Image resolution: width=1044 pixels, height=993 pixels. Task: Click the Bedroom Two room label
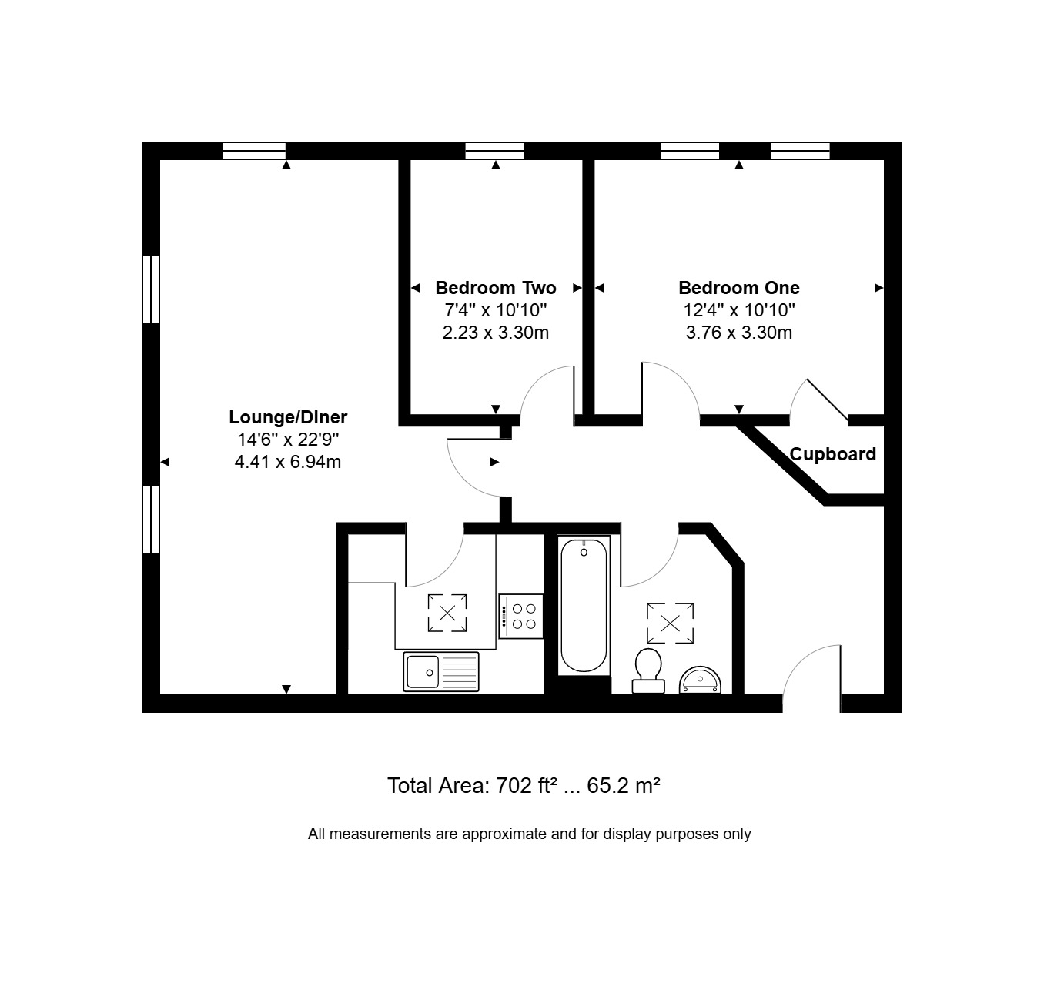pyautogui.click(x=496, y=288)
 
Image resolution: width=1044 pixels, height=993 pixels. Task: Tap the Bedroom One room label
pyautogui.click(x=738, y=288)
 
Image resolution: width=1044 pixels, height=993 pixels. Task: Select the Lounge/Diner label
pyautogui.click(x=288, y=417)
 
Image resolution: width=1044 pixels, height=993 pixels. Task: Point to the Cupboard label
pyautogui.click(x=832, y=454)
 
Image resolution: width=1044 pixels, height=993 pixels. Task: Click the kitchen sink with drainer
pyautogui.click(x=440, y=672)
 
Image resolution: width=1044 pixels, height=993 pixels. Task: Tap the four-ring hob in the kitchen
pyautogui.click(x=521, y=616)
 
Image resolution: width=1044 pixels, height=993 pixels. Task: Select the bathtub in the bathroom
pyautogui.click(x=584, y=605)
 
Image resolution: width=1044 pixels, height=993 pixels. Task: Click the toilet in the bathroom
pyautogui.click(x=647, y=670)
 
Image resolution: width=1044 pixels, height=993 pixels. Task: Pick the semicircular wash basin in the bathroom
pyautogui.click(x=700, y=680)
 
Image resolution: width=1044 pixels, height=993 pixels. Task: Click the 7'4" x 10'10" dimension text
pyautogui.click(x=496, y=309)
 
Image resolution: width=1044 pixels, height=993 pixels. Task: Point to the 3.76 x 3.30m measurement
pyautogui.click(x=738, y=333)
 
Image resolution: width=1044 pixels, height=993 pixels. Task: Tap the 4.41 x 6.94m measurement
pyautogui.click(x=288, y=462)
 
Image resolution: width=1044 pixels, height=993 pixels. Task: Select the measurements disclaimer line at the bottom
pyautogui.click(x=530, y=834)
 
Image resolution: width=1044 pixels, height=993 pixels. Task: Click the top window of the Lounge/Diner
pyautogui.click(x=254, y=151)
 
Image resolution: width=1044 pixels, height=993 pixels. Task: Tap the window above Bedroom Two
pyautogui.click(x=495, y=151)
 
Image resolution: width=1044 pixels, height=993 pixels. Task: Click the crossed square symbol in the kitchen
pyautogui.click(x=447, y=613)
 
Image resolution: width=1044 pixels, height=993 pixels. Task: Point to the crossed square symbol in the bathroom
pyautogui.click(x=670, y=624)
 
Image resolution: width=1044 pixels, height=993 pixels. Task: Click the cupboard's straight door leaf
pyautogui.click(x=828, y=400)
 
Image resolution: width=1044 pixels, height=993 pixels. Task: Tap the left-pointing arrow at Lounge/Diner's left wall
pyautogui.click(x=165, y=462)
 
